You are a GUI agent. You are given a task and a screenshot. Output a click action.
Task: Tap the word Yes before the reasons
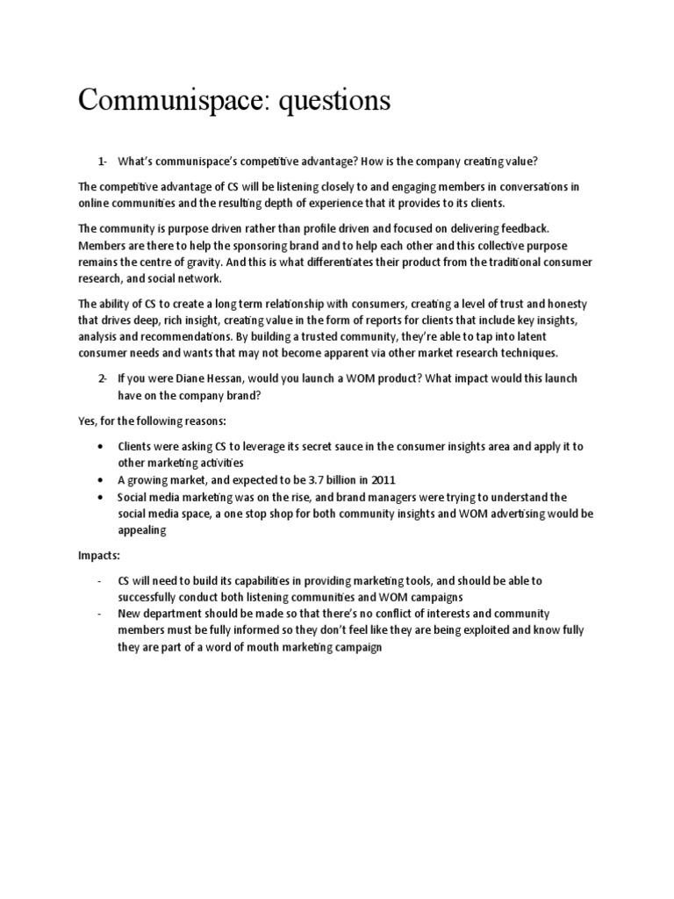click(87, 421)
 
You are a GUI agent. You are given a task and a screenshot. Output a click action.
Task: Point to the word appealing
click(143, 529)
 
